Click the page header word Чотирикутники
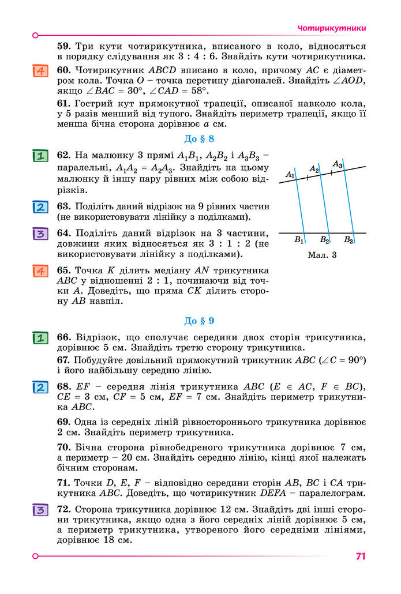point(332,28)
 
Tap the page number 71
point(361,557)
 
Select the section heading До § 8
point(199,138)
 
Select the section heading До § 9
point(199,321)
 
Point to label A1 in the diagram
point(290,174)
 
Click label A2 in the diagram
point(314,169)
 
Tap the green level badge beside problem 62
point(40,156)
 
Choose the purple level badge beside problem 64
point(40,234)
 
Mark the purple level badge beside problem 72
point(40,510)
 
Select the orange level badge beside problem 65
point(40,270)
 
